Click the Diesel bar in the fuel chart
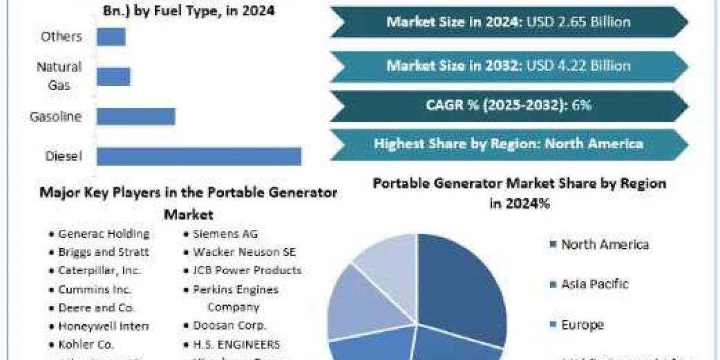tap(199, 157)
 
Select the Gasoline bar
tap(136, 116)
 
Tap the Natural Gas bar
tap(113, 76)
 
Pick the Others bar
tap(111, 37)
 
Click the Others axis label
tap(61, 37)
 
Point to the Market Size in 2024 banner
tap(508, 22)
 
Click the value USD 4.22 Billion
tap(578, 65)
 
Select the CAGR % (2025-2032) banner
tap(508, 105)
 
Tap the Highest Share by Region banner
tap(508, 143)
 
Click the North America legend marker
tap(551, 244)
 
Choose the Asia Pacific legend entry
tap(595, 284)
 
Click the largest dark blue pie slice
tap(462, 282)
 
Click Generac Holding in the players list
tap(104, 234)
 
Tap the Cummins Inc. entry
tap(95, 289)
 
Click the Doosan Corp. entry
tap(230, 326)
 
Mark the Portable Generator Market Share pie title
tap(519, 193)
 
